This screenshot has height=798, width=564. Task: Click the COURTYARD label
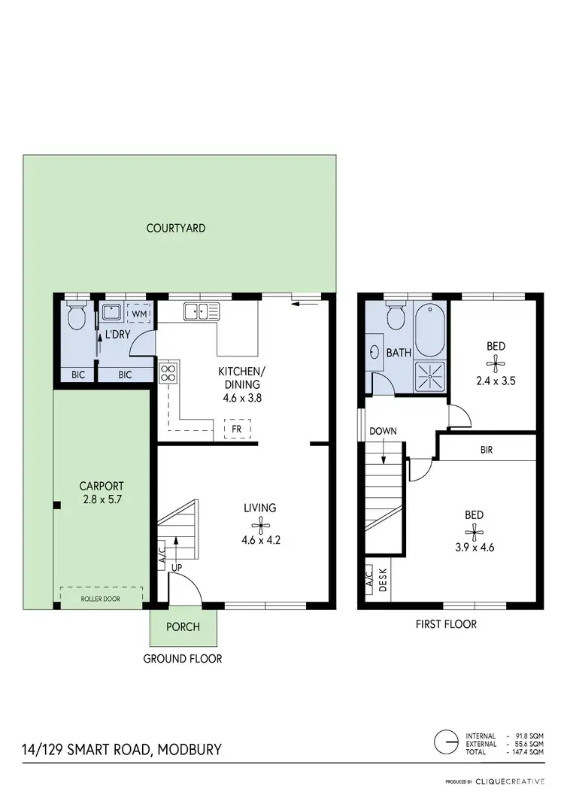pos(176,228)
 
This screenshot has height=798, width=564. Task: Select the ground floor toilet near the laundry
pos(75,318)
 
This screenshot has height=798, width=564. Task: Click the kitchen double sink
pos(204,309)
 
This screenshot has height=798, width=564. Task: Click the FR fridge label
pos(236,429)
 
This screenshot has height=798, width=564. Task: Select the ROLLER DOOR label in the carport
pos(102,599)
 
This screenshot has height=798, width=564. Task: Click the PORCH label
pos(183,627)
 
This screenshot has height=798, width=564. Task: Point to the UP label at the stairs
pos(177,566)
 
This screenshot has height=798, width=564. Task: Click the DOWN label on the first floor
pos(383,431)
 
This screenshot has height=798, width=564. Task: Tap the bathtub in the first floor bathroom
pos(429,329)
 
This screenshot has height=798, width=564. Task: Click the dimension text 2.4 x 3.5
pos(496,381)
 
